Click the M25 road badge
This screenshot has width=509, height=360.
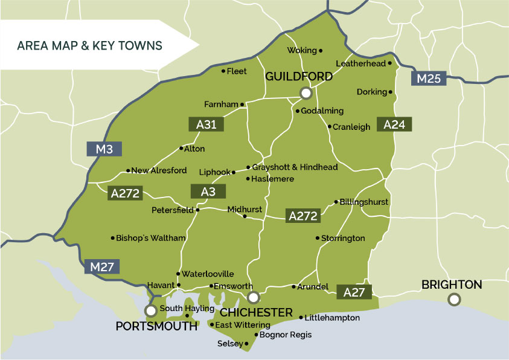[429, 77]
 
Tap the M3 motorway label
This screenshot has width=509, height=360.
[104, 149]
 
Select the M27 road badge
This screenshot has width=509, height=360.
[102, 266]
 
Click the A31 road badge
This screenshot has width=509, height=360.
[206, 124]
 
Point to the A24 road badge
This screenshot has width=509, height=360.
[394, 124]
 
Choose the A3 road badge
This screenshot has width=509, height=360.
[208, 191]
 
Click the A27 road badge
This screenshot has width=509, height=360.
[354, 292]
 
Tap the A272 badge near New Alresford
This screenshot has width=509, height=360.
[126, 194]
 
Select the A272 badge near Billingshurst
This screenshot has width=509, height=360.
[303, 216]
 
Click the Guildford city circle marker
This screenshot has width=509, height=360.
[306, 92]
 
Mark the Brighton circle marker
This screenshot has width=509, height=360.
[453, 298]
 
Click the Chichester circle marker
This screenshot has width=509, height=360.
[254, 297]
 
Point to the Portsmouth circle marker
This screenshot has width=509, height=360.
[151, 310]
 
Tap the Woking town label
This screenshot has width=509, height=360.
[302, 50]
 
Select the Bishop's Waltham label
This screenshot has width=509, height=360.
[151, 238]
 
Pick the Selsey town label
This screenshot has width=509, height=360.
[230, 344]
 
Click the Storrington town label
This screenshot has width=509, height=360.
[343, 238]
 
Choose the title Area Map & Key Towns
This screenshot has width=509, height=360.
[89, 45]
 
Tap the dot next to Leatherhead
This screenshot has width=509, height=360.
[390, 63]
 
